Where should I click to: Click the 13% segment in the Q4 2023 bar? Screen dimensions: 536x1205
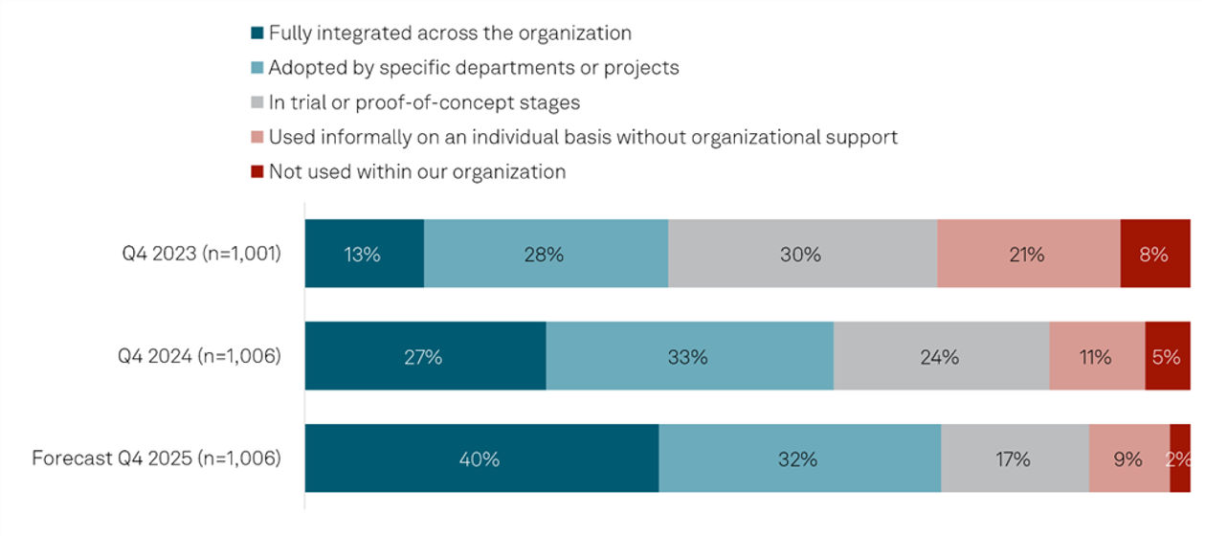[364, 254]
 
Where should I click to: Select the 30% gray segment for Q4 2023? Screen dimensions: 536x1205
[802, 254]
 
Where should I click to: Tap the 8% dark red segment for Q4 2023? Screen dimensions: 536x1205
[1154, 254]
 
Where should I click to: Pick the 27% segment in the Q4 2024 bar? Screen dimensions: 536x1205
[425, 356]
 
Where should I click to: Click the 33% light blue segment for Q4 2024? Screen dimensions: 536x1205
[689, 356]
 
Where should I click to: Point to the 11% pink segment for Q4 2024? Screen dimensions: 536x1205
[1096, 356]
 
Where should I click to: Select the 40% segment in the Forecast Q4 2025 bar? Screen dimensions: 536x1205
[480, 458]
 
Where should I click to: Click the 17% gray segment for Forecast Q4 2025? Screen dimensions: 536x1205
[1014, 458]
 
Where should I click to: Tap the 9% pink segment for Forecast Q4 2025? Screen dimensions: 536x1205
[1128, 458]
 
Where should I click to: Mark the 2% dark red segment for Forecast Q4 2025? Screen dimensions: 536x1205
[1179, 458]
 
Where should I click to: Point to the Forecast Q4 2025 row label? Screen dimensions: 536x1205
[157, 458]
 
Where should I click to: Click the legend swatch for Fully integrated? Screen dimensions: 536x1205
[257, 33]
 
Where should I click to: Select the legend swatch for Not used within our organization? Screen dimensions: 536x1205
[257, 172]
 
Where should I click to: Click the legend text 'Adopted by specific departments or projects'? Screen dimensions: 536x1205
[474, 68]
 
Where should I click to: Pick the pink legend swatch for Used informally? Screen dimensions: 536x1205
[257, 138]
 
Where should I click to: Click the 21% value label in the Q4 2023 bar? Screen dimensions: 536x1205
[1027, 254]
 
